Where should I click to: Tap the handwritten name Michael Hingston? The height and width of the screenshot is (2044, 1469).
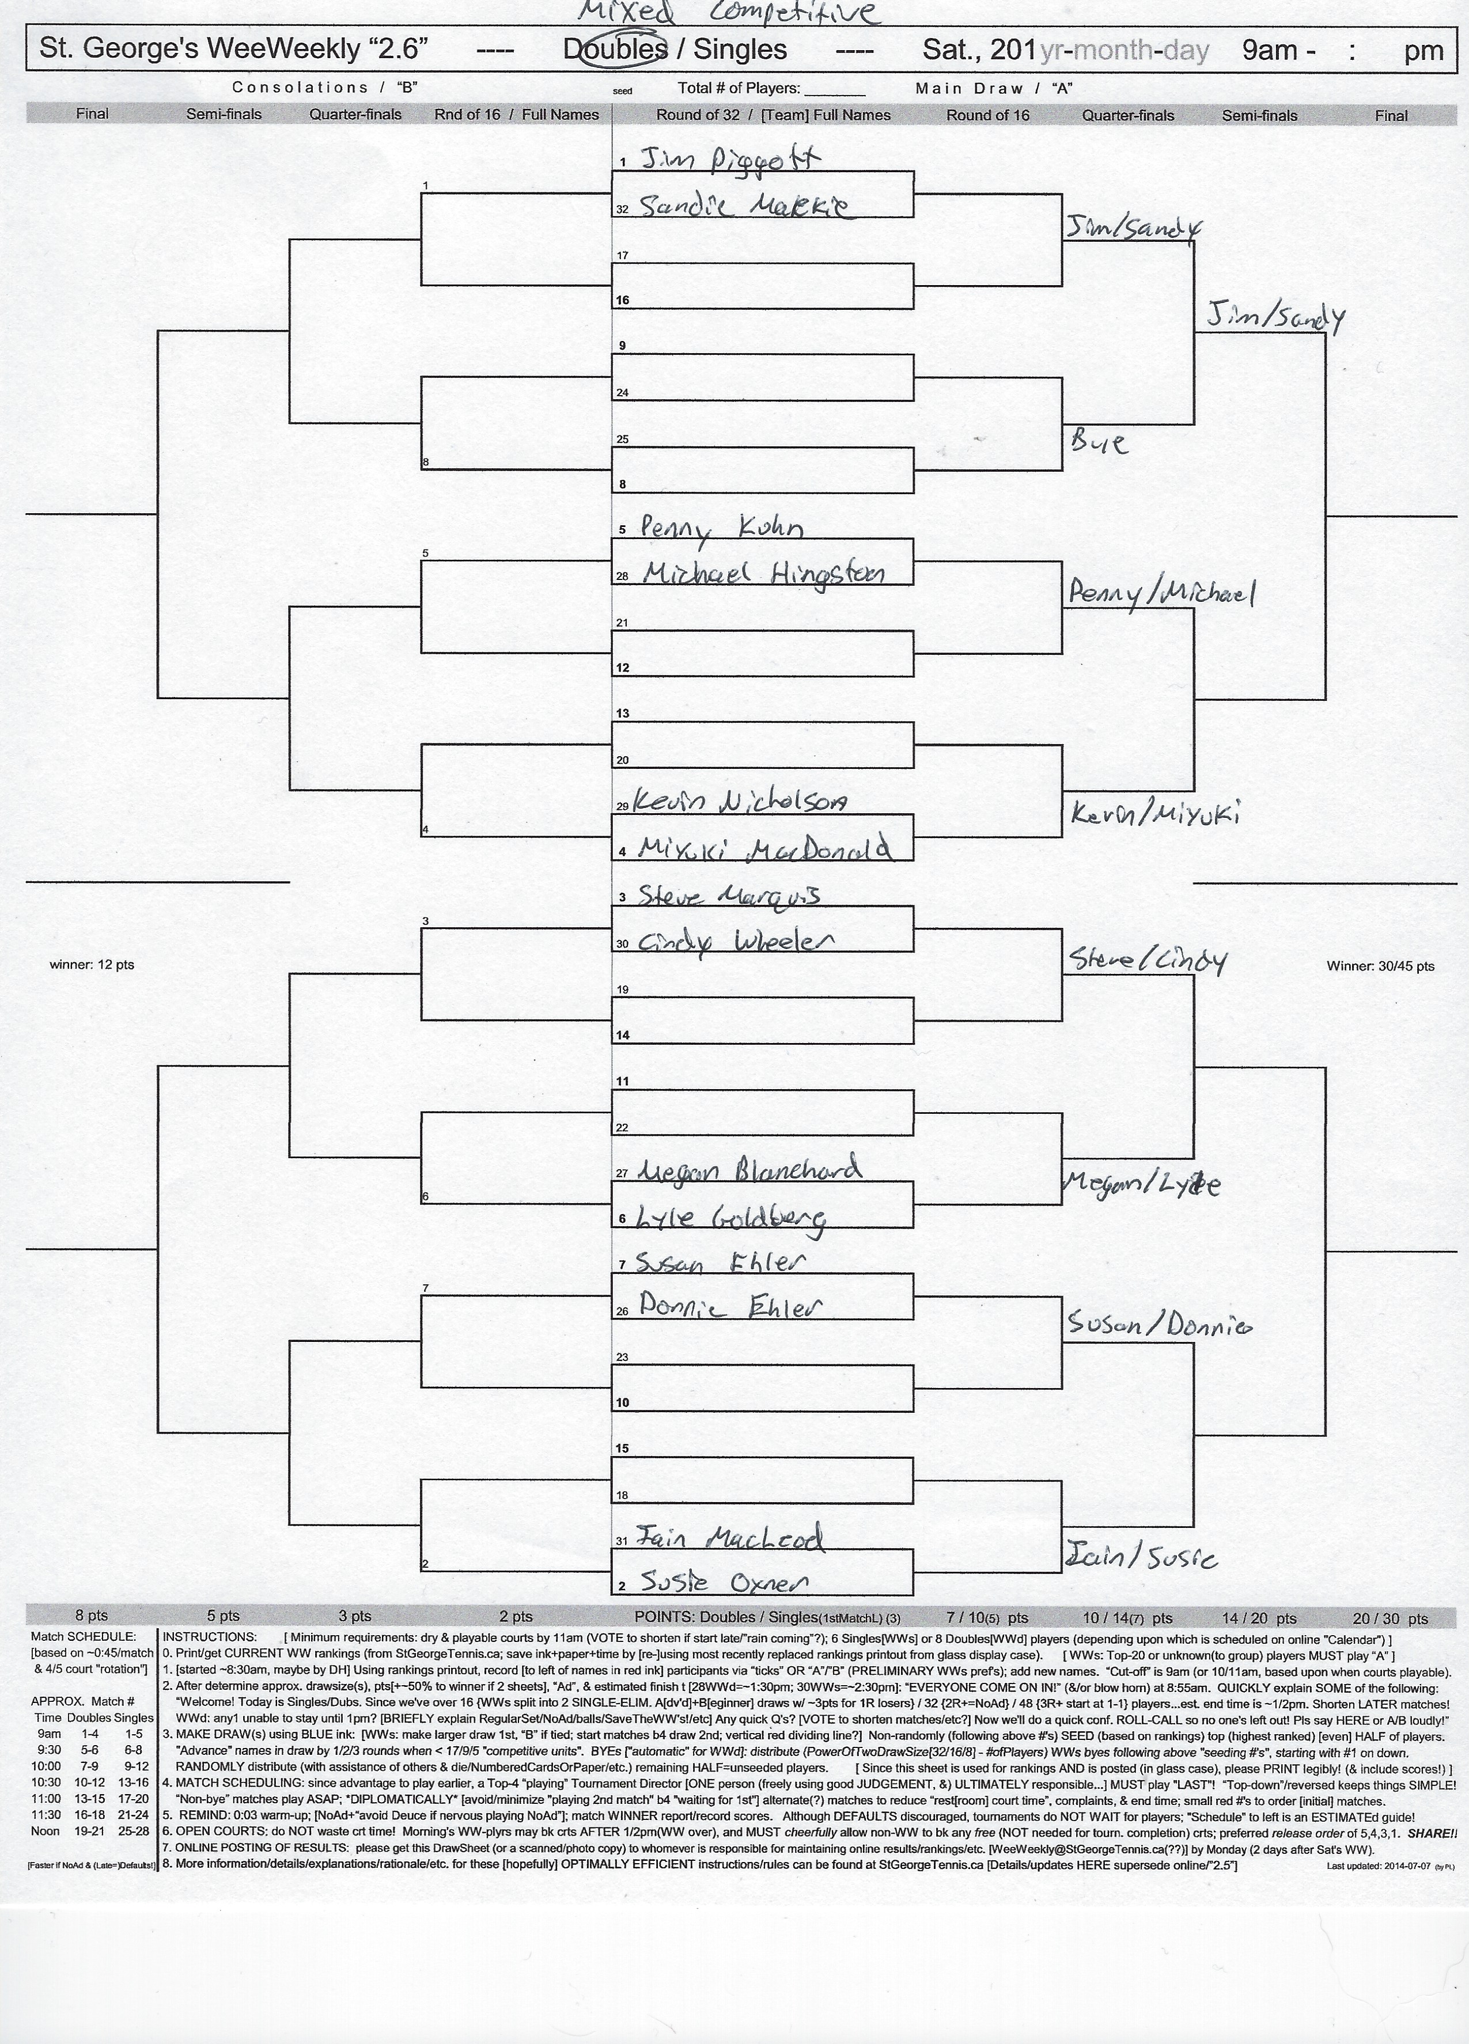(x=762, y=573)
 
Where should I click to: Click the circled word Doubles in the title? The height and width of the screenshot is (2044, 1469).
(x=615, y=50)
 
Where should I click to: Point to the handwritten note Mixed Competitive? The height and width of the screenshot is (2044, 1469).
(x=726, y=13)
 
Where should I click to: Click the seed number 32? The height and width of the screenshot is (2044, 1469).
(x=622, y=209)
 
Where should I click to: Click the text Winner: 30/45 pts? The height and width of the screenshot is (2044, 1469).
(x=1380, y=966)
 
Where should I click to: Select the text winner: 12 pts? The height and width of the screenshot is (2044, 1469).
(x=92, y=964)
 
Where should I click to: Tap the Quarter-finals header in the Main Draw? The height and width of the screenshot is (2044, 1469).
(x=1127, y=115)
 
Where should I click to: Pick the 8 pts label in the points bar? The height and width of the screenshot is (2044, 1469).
(x=92, y=1616)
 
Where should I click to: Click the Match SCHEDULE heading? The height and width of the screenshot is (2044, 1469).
(x=84, y=1636)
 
